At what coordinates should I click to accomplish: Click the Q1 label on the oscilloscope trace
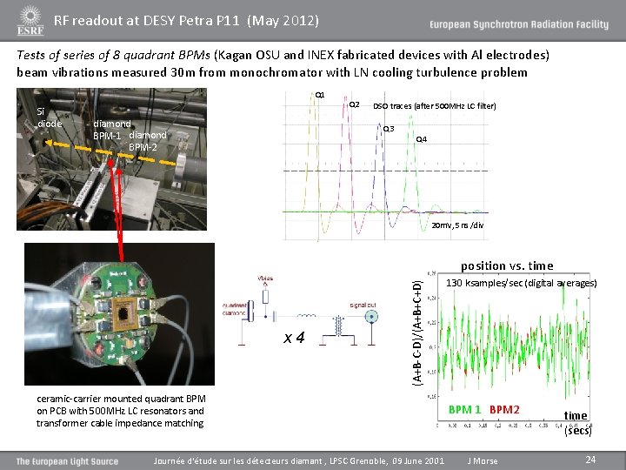click(x=320, y=94)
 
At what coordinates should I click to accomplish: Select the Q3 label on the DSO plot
click(x=389, y=130)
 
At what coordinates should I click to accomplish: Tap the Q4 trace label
click(x=421, y=139)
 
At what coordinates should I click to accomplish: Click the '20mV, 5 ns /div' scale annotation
click(x=457, y=225)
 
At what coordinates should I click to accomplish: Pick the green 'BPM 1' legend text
click(x=464, y=409)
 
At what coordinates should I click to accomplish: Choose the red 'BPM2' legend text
click(x=504, y=409)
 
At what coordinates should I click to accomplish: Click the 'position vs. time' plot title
click(x=507, y=265)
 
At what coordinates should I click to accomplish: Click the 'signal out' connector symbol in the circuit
click(x=372, y=319)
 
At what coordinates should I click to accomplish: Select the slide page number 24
click(x=589, y=459)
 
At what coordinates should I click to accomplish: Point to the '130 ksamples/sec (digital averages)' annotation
click(x=521, y=284)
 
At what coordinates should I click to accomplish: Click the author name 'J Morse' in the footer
click(x=483, y=460)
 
